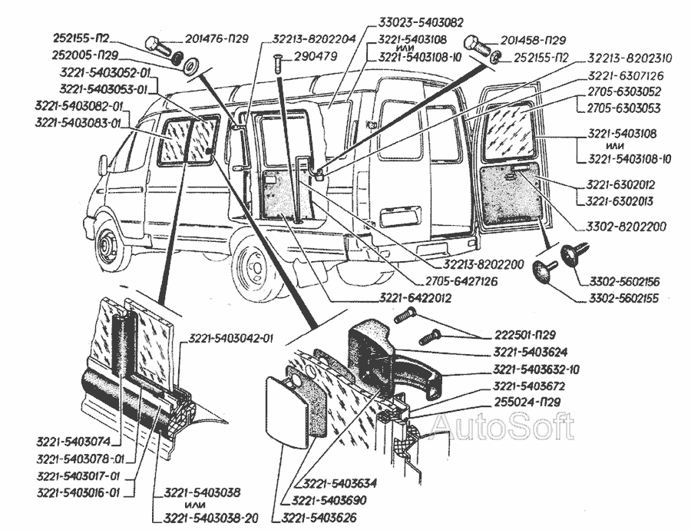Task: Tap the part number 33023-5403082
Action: tap(421, 23)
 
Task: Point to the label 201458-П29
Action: tap(534, 39)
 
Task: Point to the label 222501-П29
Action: tap(524, 334)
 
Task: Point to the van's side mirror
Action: tap(102, 165)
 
